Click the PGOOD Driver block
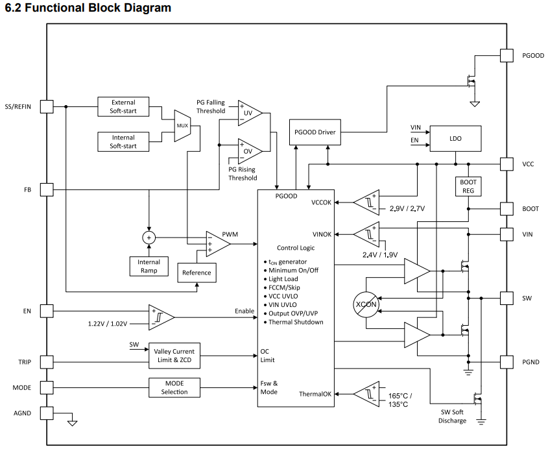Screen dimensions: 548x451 [315, 132]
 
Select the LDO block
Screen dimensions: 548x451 [455, 138]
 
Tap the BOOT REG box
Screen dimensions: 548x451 [468, 186]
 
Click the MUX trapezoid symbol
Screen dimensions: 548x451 [182, 126]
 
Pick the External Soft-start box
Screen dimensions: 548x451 [123, 106]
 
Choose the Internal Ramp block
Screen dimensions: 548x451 [149, 267]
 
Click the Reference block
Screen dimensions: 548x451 [197, 273]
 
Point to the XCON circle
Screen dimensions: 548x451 [366, 304]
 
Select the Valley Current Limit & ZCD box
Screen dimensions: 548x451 [174, 356]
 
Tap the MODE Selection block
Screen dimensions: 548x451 [174, 387]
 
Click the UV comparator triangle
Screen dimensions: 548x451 [250, 113]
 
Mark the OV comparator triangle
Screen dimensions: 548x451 [250, 151]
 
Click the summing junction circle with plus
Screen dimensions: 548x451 [149, 238]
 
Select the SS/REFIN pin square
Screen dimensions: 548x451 [47, 106]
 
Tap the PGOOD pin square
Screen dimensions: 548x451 [506, 56]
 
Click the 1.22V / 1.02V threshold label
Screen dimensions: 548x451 [108, 324]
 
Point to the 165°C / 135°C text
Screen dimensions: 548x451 [400, 400]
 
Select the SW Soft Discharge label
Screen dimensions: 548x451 [452, 417]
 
